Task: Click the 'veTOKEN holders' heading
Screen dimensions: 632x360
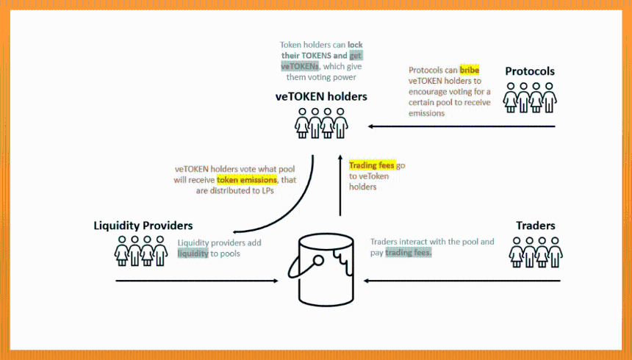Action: pos(321,97)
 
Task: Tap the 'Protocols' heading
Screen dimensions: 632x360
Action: pos(530,71)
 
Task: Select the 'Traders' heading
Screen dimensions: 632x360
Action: pos(536,226)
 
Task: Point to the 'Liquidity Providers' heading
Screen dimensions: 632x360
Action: pos(143,226)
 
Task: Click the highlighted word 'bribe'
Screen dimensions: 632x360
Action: pos(470,70)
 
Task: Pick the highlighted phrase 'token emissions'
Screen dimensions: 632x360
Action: pos(247,180)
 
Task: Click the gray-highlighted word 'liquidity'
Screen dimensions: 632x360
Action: pos(193,253)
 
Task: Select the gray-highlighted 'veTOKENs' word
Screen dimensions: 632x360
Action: pos(300,66)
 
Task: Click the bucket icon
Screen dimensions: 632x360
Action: pos(322,270)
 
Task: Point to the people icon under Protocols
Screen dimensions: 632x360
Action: pos(530,98)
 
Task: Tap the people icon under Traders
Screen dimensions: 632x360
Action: pos(536,252)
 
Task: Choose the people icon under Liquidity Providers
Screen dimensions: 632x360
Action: pos(140,251)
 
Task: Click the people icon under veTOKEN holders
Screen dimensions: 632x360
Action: pos(321,123)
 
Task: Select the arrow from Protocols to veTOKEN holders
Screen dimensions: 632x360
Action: pos(462,126)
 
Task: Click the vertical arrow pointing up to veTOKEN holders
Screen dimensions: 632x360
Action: pos(340,185)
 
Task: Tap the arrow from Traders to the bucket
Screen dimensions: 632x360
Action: pos(462,281)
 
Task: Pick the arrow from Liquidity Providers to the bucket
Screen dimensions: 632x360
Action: pos(197,281)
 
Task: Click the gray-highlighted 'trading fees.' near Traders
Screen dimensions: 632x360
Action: pos(409,253)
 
